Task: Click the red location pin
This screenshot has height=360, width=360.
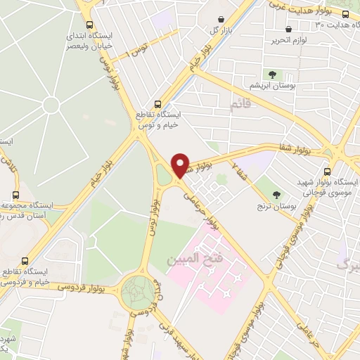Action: (181, 165)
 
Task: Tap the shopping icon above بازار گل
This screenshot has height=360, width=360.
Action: (222, 18)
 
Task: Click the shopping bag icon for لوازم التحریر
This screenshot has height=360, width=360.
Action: (289, 29)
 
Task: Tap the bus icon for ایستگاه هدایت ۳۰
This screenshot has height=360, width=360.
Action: (345, 14)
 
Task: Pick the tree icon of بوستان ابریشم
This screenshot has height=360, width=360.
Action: (271, 73)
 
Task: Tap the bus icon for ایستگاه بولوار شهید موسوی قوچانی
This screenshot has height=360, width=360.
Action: (327, 171)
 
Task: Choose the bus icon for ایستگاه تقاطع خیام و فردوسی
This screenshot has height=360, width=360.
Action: (26, 260)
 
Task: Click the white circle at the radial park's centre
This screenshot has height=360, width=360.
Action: (51, 105)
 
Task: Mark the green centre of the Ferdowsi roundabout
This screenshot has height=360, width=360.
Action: (140, 290)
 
